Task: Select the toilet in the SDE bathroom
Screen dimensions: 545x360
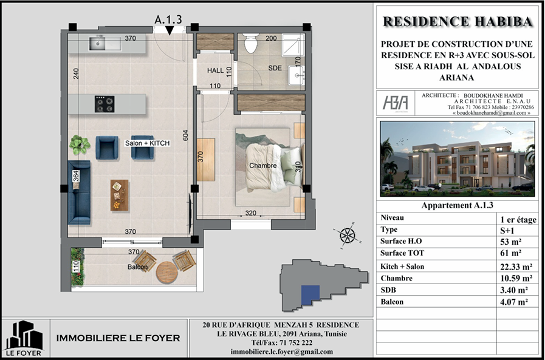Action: [x=250, y=42]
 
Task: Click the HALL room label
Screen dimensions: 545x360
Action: [x=216, y=70]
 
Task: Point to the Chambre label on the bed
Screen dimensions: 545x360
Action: [x=263, y=166]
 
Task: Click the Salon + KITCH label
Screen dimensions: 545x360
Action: [x=148, y=143]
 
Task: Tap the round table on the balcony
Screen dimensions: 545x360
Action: [x=167, y=272]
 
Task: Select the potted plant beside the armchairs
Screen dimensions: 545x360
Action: [x=80, y=144]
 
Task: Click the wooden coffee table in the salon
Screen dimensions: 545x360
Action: [x=120, y=195]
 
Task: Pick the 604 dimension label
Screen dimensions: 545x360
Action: [x=185, y=135]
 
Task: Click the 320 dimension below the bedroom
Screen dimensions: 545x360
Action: [x=250, y=213]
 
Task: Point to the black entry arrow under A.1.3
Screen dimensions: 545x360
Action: [x=170, y=30]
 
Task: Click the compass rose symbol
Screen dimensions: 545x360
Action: [x=347, y=236]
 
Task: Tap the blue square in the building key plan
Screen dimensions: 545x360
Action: [x=310, y=295]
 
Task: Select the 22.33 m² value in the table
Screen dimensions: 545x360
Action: [x=516, y=267]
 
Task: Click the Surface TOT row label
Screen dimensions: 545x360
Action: [x=402, y=253]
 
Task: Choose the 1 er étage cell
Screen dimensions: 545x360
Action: [x=518, y=219]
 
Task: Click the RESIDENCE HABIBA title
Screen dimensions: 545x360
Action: [x=458, y=21]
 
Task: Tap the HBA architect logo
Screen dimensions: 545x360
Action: [x=396, y=103]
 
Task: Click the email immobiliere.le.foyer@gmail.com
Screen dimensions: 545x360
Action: [x=281, y=352]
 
